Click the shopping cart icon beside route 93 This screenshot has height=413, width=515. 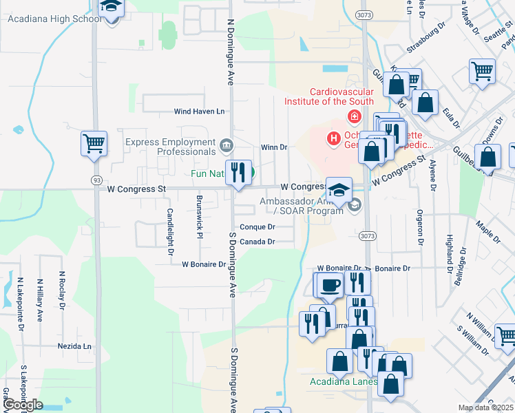(x=94, y=145)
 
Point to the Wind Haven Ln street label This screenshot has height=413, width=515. (x=199, y=112)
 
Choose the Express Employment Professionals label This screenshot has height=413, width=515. (x=170, y=147)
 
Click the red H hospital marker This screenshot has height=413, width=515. (x=334, y=139)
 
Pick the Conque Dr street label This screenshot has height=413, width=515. (x=257, y=227)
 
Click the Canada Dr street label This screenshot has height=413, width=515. (x=257, y=242)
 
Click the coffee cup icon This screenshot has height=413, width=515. (x=330, y=284)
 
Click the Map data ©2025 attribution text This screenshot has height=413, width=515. (x=485, y=407)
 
